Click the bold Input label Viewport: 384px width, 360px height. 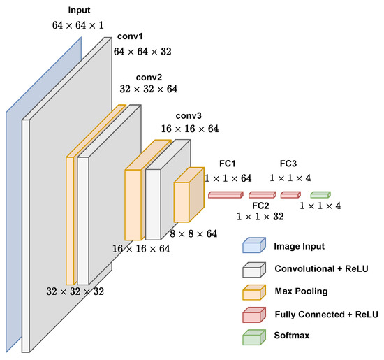pyautogui.click(x=79, y=11)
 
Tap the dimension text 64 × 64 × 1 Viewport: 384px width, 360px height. pyautogui.click(x=79, y=25)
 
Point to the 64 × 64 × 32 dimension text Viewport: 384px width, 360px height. pyautogui.click(x=142, y=51)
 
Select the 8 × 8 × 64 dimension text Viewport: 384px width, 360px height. pyautogui.click(x=193, y=233)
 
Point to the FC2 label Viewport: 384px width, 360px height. pyautogui.click(x=261, y=206)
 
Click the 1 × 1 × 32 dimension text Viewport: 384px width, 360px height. pyautogui.click(x=260, y=218)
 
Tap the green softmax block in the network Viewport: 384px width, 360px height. pyautogui.click(x=320, y=194)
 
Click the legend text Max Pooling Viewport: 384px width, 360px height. pyautogui.click(x=301, y=291)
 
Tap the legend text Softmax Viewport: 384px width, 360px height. pyautogui.click(x=292, y=336)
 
